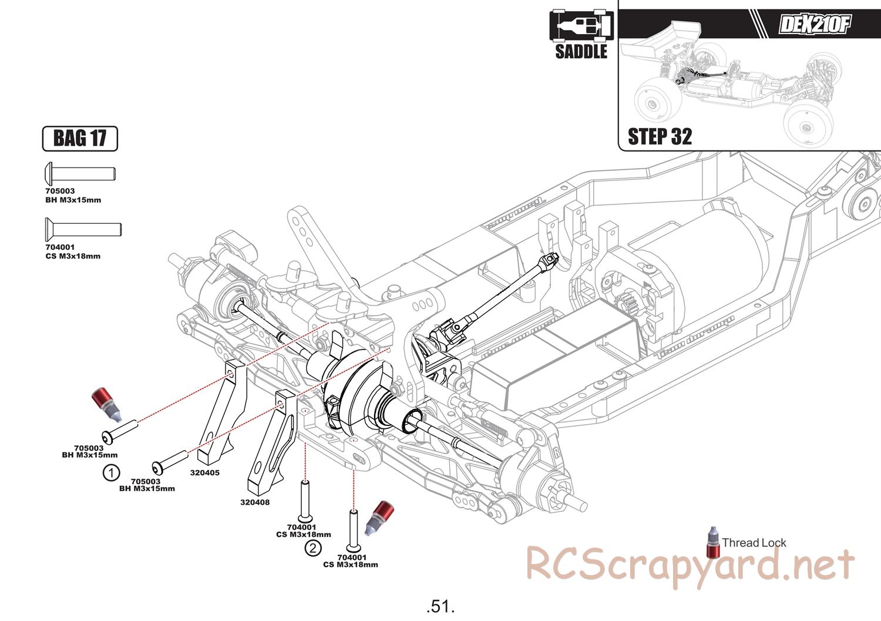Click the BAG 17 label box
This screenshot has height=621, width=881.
click(80, 139)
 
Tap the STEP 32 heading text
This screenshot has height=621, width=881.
click(660, 137)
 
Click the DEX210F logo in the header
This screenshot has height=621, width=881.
click(814, 25)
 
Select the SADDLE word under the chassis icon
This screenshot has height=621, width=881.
click(581, 52)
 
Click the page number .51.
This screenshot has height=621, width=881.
click(441, 606)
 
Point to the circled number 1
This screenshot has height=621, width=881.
click(111, 472)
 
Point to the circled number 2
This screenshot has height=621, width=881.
click(313, 548)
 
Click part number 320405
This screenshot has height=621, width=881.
click(204, 472)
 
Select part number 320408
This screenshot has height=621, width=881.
click(255, 502)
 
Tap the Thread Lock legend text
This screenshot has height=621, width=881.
click(754, 543)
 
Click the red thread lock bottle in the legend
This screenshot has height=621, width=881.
click(713, 542)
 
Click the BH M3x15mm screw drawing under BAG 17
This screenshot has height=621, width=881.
click(80, 174)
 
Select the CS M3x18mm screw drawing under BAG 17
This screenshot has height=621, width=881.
click(83, 228)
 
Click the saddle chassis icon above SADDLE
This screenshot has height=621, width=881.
click(581, 25)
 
